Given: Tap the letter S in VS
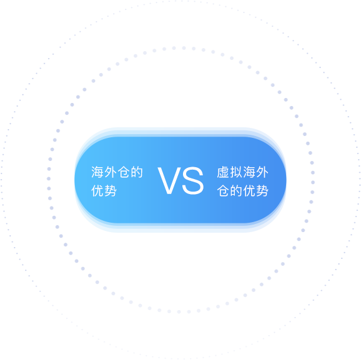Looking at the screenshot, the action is [x=193, y=181].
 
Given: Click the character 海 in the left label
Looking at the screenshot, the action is [x=97, y=172].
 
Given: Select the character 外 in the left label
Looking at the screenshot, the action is [x=111, y=172].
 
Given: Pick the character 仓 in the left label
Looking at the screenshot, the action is [x=124, y=172].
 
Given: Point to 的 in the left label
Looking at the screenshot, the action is [x=137, y=172].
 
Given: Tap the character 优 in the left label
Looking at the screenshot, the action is [x=97, y=191].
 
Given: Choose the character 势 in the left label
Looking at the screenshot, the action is [x=111, y=191].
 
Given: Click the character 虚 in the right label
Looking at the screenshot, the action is [x=223, y=172].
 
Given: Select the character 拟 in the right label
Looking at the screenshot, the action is [x=236, y=172].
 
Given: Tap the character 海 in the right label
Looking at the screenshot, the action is [x=249, y=172].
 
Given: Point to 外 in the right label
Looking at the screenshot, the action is [x=262, y=172].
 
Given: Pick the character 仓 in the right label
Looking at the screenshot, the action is [x=223, y=191].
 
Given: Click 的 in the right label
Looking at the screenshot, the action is [x=236, y=191].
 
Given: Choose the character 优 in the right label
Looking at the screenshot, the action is [x=249, y=191].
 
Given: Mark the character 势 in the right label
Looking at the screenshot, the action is [x=262, y=191].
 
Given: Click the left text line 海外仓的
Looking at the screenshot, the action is [x=117, y=172].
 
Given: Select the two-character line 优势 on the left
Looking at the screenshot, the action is [x=104, y=191].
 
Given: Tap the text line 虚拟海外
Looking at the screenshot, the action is [x=243, y=172].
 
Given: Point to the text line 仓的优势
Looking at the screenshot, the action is [x=243, y=191].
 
